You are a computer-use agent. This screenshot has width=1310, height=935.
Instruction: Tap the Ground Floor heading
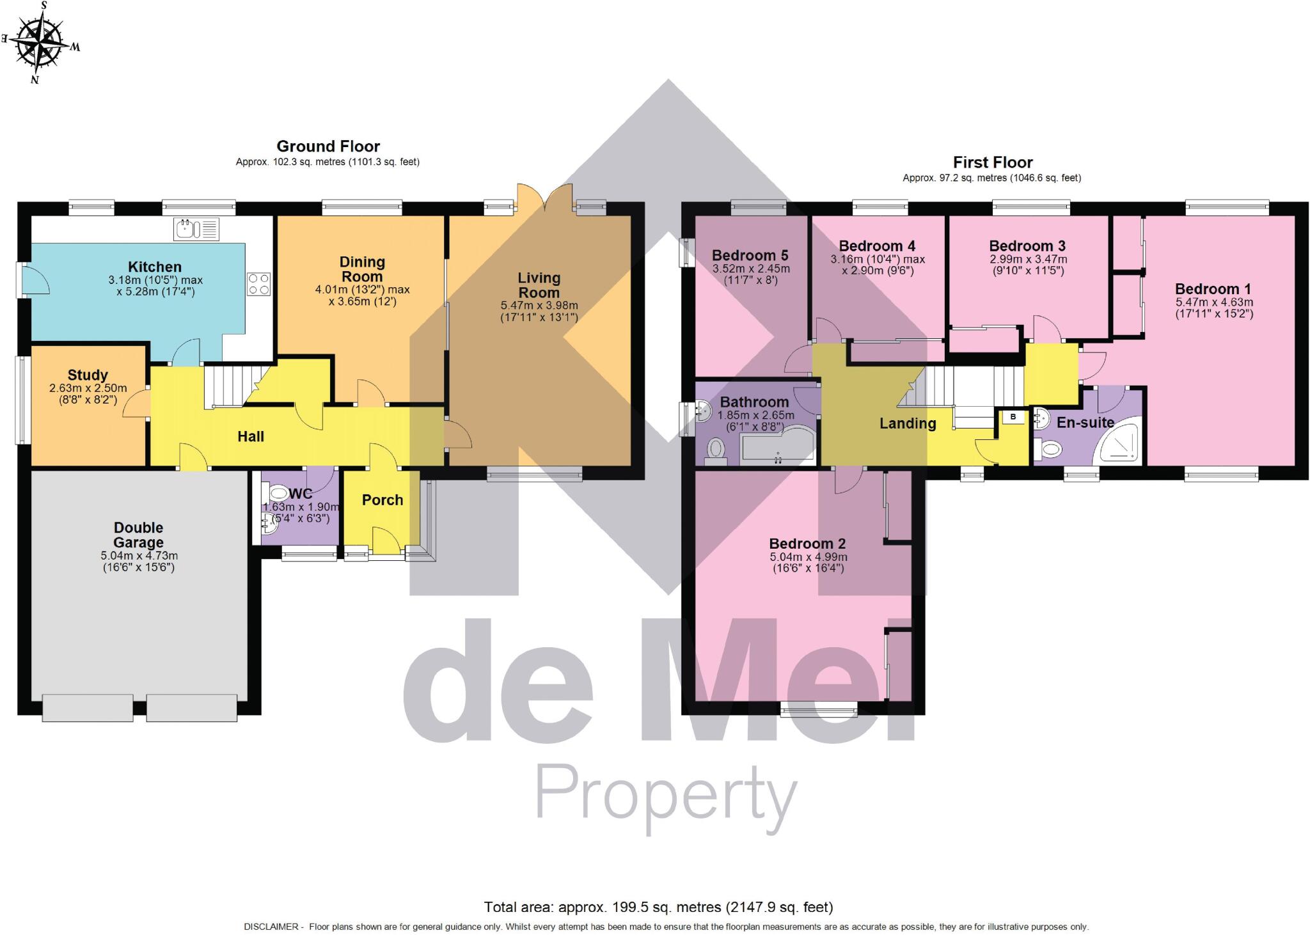click(x=328, y=146)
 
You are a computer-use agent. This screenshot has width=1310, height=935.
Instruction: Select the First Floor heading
click(x=992, y=162)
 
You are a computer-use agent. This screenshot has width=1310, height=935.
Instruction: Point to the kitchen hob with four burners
click(x=258, y=284)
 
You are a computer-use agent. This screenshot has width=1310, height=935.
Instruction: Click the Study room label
click(x=88, y=375)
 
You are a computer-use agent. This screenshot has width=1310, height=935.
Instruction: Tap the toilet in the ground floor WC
click(x=278, y=493)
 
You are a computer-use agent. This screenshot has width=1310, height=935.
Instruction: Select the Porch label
click(x=383, y=500)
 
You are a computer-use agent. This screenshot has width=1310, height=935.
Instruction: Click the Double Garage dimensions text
click(x=139, y=562)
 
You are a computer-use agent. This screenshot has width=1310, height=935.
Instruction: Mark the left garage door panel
click(x=88, y=708)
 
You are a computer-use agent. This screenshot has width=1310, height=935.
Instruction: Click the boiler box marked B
click(x=1013, y=418)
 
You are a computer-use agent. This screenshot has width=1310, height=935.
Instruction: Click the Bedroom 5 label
click(x=750, y=256)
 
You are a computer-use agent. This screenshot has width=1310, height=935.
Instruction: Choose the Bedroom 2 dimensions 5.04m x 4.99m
click(x=808, y=563)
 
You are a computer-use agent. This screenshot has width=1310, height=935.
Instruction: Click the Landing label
click(x=907, y=423)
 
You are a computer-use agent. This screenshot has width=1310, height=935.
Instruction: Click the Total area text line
click(x=658, y=907)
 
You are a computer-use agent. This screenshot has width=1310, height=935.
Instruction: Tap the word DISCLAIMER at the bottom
click(x=271, y=927)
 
